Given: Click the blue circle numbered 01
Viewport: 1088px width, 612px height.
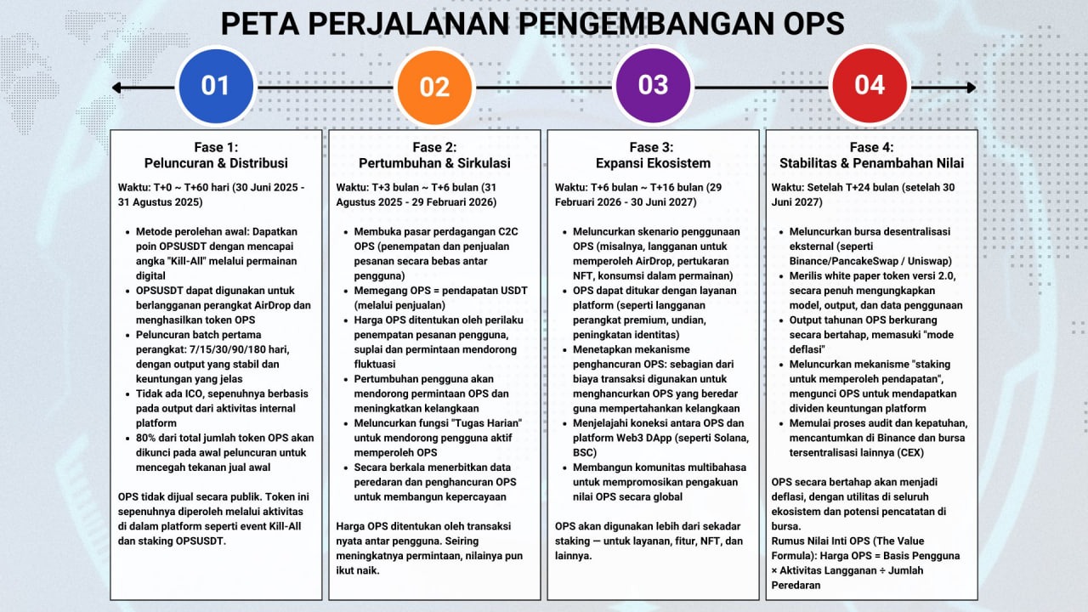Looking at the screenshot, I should tap(215, 86).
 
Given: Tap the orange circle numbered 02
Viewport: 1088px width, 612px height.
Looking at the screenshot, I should tap(434, 87).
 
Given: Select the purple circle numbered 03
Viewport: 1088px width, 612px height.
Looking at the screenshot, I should tap(653, 86).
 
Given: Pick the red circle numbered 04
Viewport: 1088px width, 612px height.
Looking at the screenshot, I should tap(870, 86).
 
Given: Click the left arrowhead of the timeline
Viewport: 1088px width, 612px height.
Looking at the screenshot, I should tap(117, 88).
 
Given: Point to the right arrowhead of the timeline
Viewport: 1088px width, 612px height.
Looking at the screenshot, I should tap(971, 88).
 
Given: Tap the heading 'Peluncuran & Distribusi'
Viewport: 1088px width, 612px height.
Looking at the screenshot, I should tap(216, 163).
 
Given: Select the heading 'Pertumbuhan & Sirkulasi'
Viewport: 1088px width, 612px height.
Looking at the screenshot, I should tap(434, 163).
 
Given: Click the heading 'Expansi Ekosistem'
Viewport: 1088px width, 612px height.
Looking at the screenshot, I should tap(652, 163).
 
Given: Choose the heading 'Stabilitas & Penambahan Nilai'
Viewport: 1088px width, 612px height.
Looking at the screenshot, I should tap(871, 163).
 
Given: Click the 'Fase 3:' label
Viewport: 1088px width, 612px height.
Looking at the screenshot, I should tap(652, 147).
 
